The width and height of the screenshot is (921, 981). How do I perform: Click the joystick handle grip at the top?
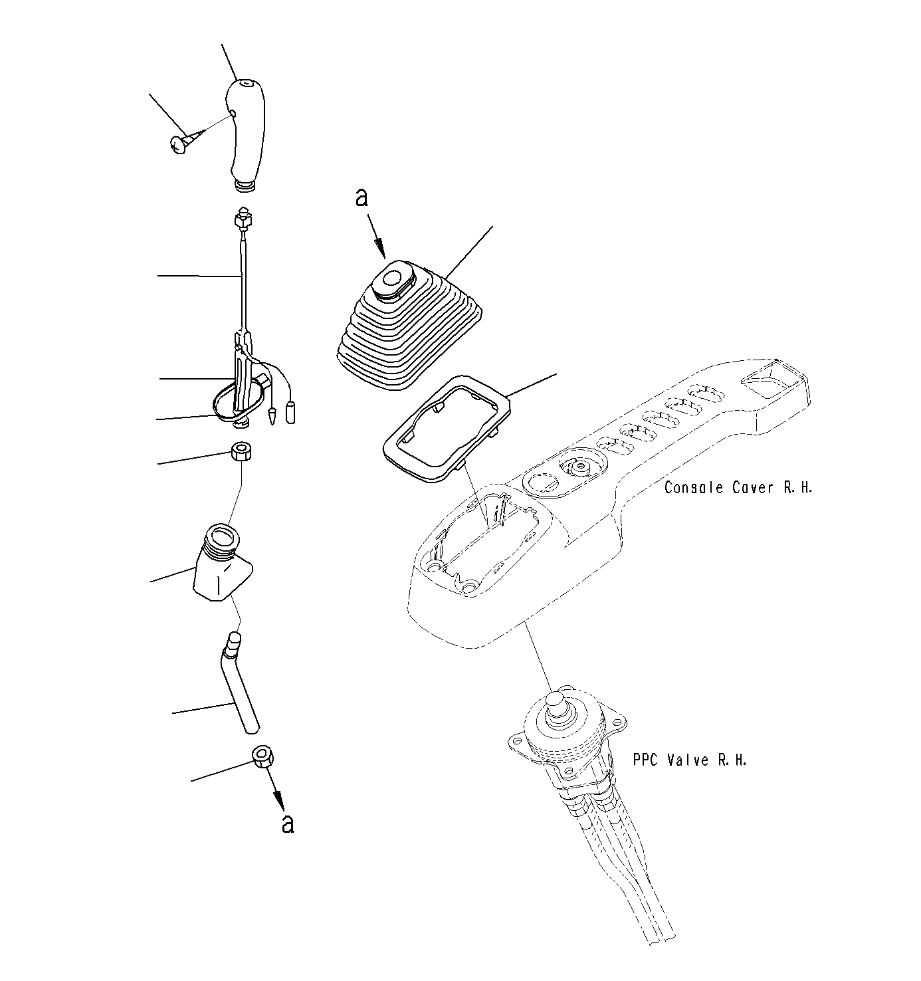click(x=245, y=130)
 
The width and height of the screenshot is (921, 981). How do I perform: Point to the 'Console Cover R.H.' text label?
click(x=738, y=488)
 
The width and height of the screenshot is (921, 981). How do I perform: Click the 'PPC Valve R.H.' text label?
click(x=689, y=760)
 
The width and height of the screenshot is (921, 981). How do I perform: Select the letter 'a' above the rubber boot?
click(x=361, y=197)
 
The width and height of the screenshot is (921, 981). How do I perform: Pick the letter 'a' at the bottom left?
click(x=287, y=823)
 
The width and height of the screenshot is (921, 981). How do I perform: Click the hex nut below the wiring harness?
click(x=241, y=453)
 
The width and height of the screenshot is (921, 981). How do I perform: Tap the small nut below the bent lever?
click(x=263, y=756)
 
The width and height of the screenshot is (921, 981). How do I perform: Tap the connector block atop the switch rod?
click(x=243, y=216)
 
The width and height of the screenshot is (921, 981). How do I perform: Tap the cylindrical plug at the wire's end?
click(x=290, y=412)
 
